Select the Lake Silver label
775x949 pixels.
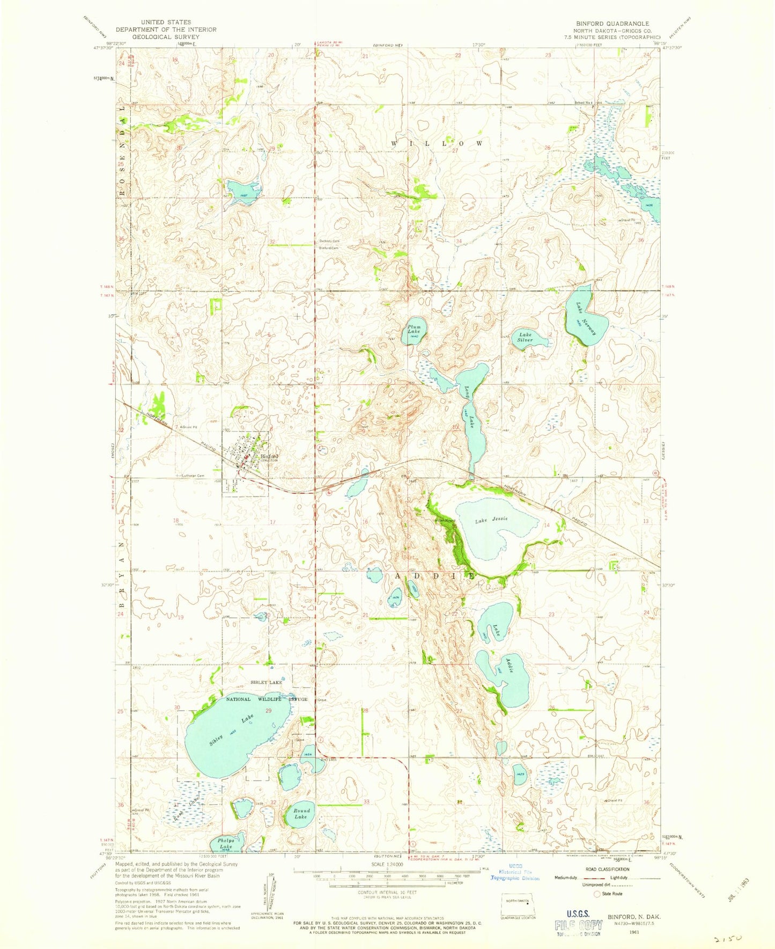tap(525, 337)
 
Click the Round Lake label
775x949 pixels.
tap(301, 813)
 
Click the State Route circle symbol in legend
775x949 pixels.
tap(597, 894)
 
